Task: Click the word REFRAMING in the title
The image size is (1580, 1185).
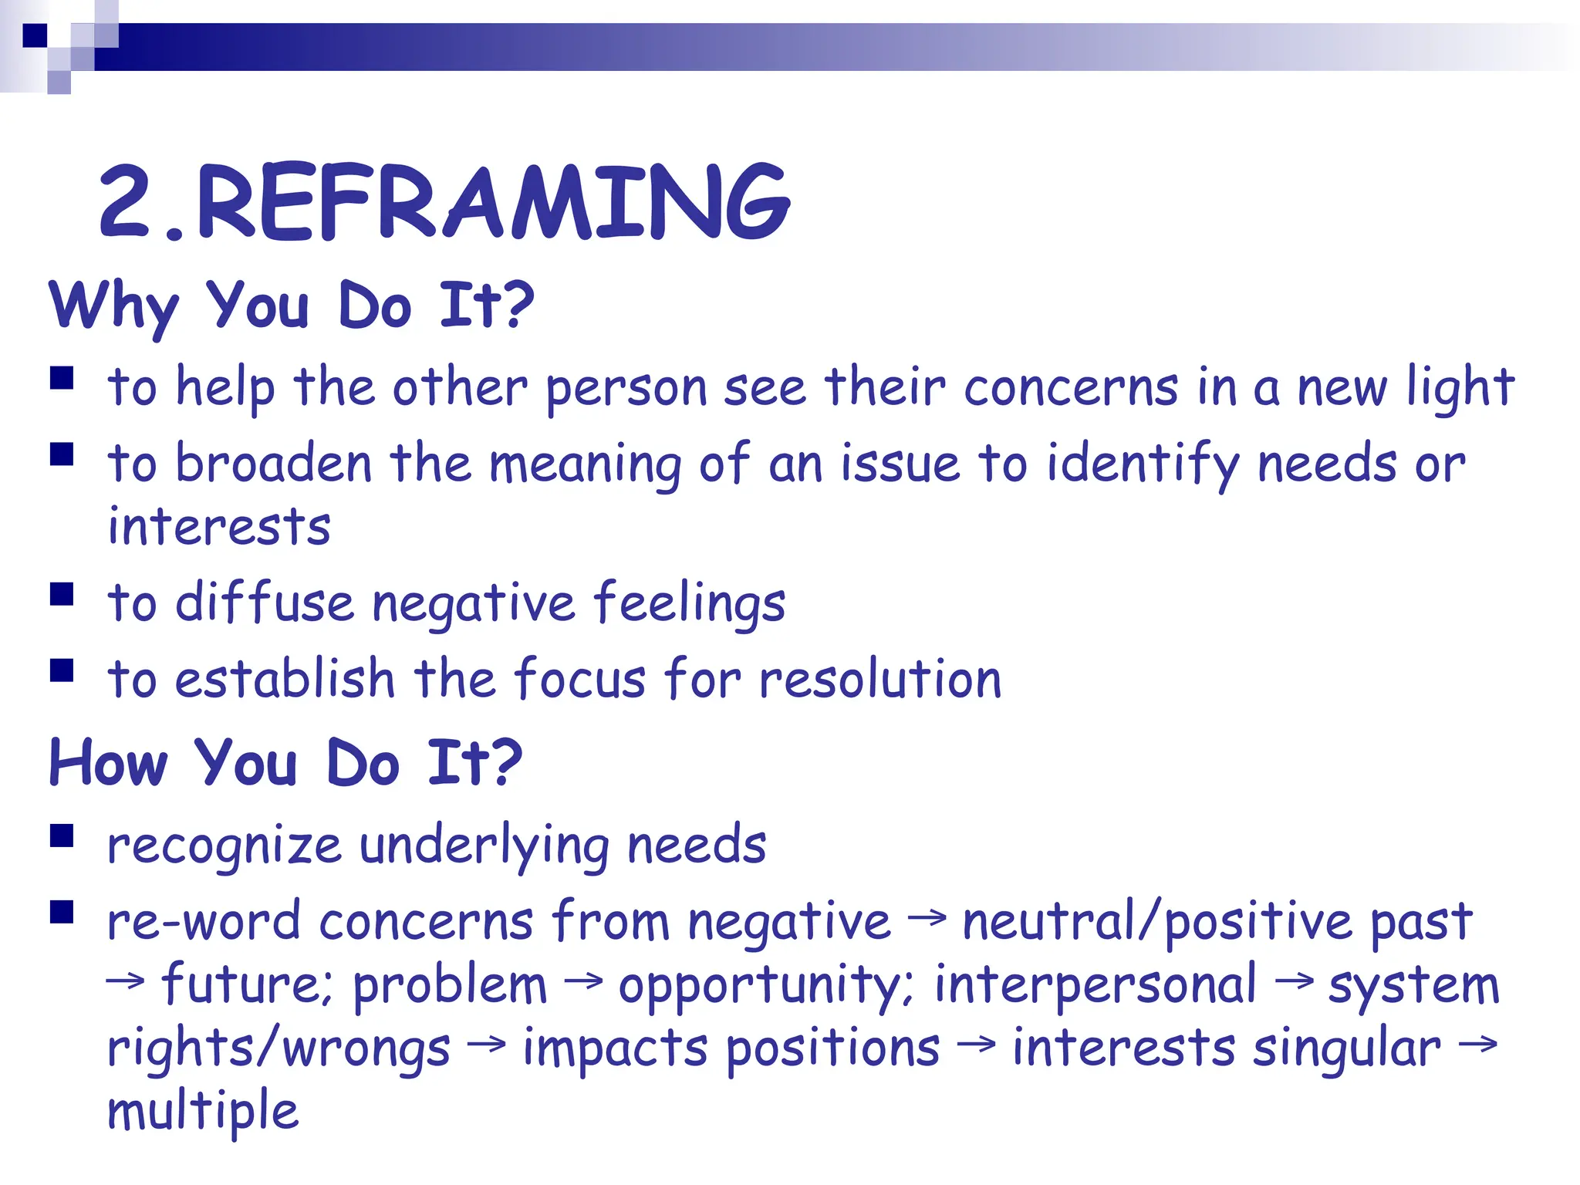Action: pos(494,202)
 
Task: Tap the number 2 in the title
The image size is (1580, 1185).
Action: pos(125,202)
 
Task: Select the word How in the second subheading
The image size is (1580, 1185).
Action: pos(108,762)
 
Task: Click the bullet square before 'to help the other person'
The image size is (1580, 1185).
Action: pos(62,378)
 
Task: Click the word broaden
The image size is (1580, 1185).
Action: pos(274,464)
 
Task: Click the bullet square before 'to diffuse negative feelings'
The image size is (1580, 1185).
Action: pos(62,594)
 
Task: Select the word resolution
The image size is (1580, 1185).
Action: pos(880,680)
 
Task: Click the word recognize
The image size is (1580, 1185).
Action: pos(224,846)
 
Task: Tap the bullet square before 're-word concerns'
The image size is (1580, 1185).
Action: pos(62,912)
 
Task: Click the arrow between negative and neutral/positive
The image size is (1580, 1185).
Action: pos(927,917)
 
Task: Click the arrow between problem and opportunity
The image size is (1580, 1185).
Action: pos(582,981)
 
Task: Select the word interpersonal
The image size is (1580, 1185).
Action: pos(1096,986)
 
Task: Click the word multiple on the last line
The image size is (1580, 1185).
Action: pos(203,1112)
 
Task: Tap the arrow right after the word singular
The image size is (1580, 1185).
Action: pos(1477,1045)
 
